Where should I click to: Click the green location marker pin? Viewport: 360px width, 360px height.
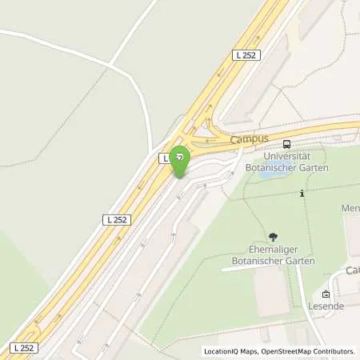coord(180,157)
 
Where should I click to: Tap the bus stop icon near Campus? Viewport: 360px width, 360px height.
coord(286,144)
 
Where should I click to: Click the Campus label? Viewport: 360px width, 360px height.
coord(248,139)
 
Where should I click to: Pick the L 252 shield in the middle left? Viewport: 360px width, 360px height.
coord(117,218)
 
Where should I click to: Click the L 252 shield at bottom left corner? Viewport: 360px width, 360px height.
coord(23,347)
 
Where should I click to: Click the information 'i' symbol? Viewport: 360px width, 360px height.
coord(302,193)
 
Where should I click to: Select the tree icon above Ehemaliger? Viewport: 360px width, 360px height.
coord(274,236)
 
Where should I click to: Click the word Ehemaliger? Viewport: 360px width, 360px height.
coord(273,250)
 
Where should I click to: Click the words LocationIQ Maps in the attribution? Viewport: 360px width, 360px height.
coord(231,351)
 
